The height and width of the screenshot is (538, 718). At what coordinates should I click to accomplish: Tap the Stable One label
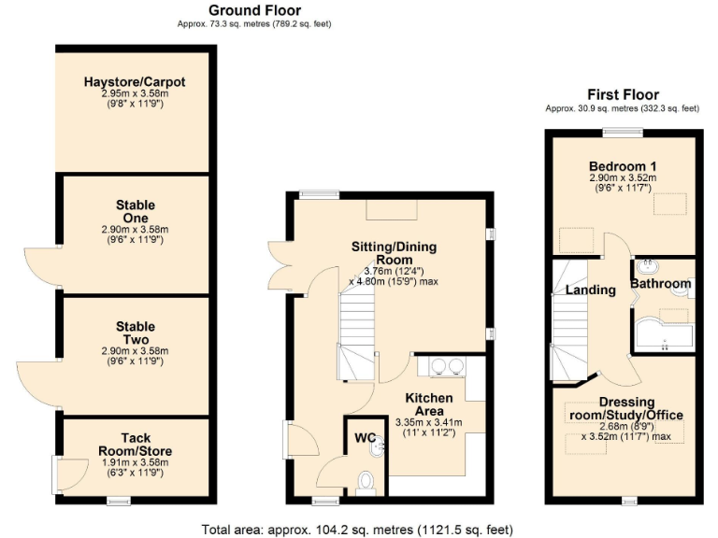pos(136,211)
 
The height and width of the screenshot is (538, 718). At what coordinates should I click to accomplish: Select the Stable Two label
pos(136,333)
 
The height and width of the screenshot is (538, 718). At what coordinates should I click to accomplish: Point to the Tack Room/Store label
pos(135,444)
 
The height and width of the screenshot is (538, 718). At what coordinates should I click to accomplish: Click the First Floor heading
pos(623,94)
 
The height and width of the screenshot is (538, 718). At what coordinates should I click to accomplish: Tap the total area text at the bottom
pos(358,529)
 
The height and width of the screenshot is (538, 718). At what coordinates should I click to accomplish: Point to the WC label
pos(364,437)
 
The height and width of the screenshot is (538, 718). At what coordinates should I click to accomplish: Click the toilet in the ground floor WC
pos(366,481)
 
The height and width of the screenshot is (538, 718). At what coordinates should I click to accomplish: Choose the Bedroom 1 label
pos(623,164)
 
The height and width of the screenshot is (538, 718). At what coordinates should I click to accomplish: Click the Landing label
pos(591,290)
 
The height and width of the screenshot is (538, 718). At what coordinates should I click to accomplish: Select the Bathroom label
pos(660,284)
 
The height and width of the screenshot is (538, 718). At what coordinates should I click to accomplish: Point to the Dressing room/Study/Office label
pos(625,408)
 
